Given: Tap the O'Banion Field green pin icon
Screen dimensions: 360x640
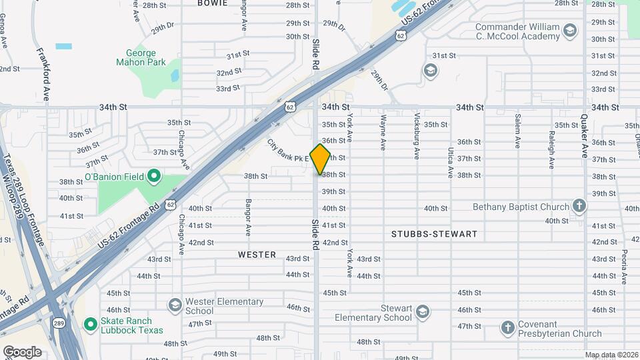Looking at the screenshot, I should (154, 177).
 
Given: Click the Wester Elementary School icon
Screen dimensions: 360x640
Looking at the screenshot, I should (175, 305).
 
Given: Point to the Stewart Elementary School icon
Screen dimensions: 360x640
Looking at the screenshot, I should (422, 311).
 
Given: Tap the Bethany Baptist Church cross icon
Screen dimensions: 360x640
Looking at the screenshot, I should (579, 207).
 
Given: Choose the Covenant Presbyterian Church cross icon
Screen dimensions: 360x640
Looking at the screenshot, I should (508, 328).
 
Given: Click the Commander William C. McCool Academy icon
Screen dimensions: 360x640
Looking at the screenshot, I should (569, 31).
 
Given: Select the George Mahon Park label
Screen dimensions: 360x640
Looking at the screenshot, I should (141, 57).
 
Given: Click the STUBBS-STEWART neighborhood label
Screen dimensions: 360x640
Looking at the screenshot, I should (434, 234).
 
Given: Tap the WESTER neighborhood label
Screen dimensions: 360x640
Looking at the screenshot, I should (257, 255).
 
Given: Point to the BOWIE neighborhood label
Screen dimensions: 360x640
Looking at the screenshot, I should (212, 3).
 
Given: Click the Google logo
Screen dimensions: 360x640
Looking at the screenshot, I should (22, 351).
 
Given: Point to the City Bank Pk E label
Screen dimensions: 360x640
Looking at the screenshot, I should (289, 151).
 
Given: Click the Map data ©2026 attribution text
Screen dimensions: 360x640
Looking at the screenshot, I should (611, 355).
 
